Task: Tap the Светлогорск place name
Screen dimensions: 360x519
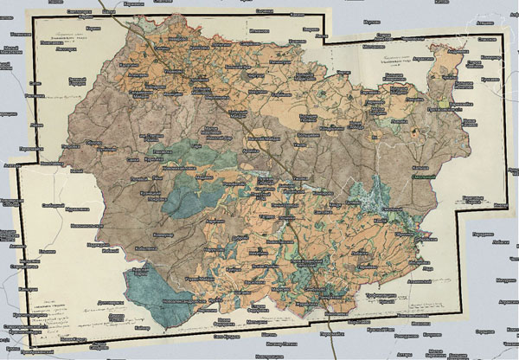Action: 67,8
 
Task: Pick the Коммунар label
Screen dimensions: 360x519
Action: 162,234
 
